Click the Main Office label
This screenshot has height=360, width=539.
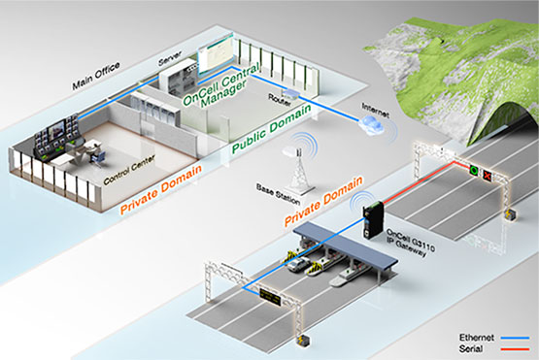pyautogui.click(x=95, y=76)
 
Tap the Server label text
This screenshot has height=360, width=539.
pyautogui.click(x=170, y=58)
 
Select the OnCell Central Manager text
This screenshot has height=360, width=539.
pyautogui.click(x=220, y=86)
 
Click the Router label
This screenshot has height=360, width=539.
pyautogui.click(x=280, y=100)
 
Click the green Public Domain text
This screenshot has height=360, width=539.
pyautogui.click(x=272, y=128)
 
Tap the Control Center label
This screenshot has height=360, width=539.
pyautogui.click(x=129, y=170)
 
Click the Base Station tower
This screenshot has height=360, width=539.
pyautogui.click(x=298, y=170)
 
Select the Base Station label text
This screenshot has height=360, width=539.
pyautogui.click(x=278, y=194)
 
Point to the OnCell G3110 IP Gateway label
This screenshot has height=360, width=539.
pyautogui.click(x=410, y=243)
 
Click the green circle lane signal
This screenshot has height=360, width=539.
pyautogui.click(x=474, y=170)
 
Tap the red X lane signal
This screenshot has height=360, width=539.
pyautogui.click(x=488, y=176)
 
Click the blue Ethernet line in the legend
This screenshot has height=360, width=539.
pyautogui.click(x=515, y=338)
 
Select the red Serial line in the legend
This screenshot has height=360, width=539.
pyautogui.click(x=515, y=349)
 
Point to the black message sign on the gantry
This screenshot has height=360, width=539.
pyautogui.click(x=270, y=296)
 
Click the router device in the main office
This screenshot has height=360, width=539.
pyautogui.click(x=291, y=93)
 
